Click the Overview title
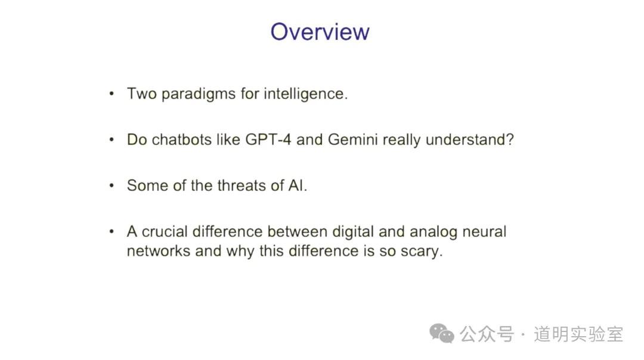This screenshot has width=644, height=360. (x=320, y=32)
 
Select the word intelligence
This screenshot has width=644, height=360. (x=305, y=94)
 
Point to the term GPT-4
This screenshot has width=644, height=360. (x=268, y=139)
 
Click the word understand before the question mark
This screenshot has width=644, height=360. (x=466, y=139)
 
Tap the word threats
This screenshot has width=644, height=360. (x=241, y=185)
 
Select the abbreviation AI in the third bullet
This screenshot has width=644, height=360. (x=296, y=185)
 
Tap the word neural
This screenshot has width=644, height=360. (x=484, y=231)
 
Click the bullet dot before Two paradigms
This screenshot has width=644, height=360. (x=112, y=94)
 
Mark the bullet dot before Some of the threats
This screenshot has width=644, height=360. (x=112, y=185)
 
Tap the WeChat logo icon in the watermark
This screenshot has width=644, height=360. (x=441, y=333)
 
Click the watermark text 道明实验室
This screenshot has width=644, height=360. (x=578, y=334)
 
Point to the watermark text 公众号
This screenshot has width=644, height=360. (x=487, y=334)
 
